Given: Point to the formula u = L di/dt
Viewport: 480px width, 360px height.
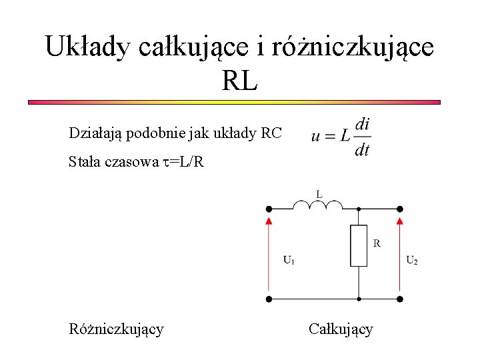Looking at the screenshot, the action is tap(340, 137).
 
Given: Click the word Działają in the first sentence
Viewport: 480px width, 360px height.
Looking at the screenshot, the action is tap(93, 133).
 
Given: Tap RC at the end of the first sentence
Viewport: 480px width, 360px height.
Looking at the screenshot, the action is tap(272, 133).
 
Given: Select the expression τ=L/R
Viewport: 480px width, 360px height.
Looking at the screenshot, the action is tap(185, 161).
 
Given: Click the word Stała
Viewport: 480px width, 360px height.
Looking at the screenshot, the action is tap(85, 161).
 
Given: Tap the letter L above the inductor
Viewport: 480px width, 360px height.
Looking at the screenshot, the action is tap(319, 194).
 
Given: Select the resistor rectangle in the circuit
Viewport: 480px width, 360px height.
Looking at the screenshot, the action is tap(359, 246).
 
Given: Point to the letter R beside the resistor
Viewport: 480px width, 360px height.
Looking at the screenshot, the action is tap(377, 243).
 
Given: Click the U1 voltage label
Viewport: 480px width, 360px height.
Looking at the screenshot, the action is tap(289, 260).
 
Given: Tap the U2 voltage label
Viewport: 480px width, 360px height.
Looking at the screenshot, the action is tap(413, 260).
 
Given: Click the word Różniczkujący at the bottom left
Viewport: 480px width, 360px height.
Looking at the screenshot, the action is tap(116, 329).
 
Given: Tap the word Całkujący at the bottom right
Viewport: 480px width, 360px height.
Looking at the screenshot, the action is tap(341, 329).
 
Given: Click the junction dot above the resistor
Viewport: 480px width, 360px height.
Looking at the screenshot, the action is tap(359, 209).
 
